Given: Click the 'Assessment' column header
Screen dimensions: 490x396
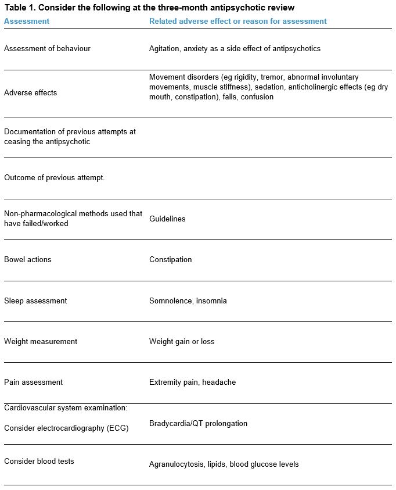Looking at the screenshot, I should (x=27, y=21).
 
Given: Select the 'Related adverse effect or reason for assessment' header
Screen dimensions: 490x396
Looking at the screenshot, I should (x=237, y=21).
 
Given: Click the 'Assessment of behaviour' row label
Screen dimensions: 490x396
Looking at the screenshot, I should (x=47, y=49).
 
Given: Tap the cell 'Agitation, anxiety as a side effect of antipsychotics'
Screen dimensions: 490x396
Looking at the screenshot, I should (x=235, y=49).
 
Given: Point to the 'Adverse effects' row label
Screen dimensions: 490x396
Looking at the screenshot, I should (x=30, y=93).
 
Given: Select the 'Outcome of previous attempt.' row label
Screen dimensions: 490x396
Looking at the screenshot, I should (x=54, y=177).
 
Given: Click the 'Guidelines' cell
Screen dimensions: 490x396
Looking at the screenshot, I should (x=167, y=219).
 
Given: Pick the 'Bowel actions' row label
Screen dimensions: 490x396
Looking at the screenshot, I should (x=28, y=260).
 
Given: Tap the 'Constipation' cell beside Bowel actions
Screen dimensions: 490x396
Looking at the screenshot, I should (x=170, y=260).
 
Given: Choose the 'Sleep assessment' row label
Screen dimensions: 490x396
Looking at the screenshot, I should (x=35, y=301).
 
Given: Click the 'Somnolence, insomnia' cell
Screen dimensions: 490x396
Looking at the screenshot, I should (x=188, y=301).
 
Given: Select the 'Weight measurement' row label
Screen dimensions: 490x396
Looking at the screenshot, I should (x=41, y=342).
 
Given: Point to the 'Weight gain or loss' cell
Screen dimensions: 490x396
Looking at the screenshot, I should (x=182, y=342).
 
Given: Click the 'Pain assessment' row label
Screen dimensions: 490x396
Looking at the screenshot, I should (x=33, y=382).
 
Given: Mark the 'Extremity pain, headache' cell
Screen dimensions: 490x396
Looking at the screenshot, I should (x=192, y=382).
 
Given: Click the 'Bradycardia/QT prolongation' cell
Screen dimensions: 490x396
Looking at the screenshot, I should (x=198, y=424).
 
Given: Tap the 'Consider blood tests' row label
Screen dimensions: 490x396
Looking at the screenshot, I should (x=39, y=462).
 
